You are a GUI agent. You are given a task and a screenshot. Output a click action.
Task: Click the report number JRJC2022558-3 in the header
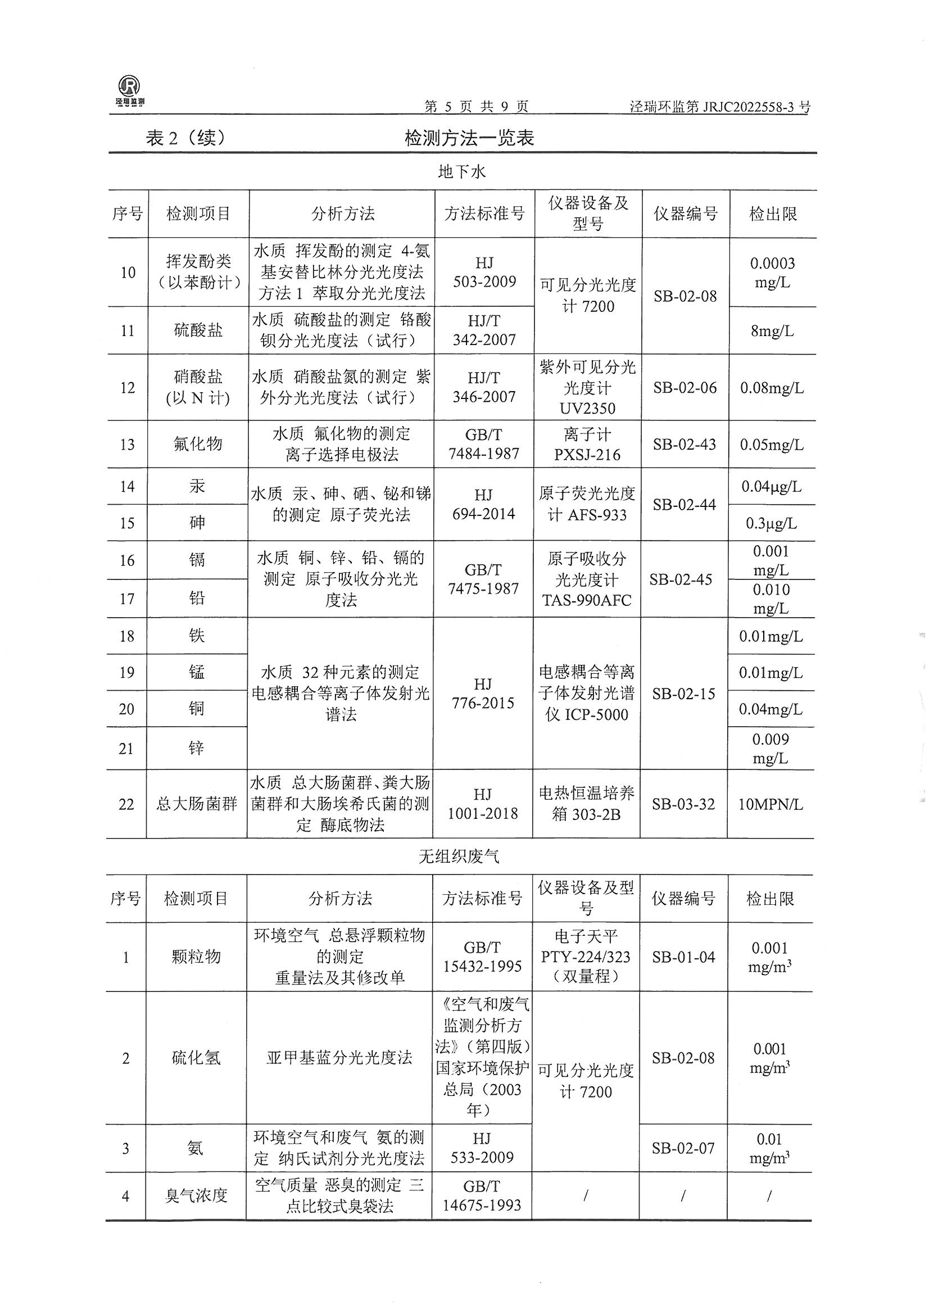pyautogui.click(x=719, y=106)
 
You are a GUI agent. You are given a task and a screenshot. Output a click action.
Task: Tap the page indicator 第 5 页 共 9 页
pyautogui.click(x=476, y=106)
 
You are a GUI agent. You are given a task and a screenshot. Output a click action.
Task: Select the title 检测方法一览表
pyautogui.click(x=469, y=138)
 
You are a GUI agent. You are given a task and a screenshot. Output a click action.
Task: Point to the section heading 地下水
pyautogui.click(x=461, y=171)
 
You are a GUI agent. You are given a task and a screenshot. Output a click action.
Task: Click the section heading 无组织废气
pyautogui.click(x=459, y=856)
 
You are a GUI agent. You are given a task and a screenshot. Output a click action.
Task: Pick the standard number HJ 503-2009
pyautogui.click(x=484, y=272)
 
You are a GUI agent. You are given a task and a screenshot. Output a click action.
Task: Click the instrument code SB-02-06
pyautogui.click(x=685, y=387)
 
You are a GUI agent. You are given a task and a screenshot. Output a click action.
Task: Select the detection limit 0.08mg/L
pyautogui.click(x=772, y=388)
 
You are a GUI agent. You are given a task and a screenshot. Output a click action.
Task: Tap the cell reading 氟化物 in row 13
pyautogui.click(x=198, y=443)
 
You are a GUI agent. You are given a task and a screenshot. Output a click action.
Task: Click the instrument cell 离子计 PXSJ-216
pyautogui.click(x=587, y=444)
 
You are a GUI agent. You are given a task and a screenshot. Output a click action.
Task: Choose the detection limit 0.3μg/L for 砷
pyautogui.click(x=771, y=523)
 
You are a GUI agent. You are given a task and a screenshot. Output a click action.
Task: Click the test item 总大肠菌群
pyautogui.click(x=196, y=804)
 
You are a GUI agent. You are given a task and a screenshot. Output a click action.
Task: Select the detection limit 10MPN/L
pyautogui.click(x=770, y=804)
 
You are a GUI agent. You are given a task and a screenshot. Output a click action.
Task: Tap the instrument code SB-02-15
pyautogui.click(x=683, y=694)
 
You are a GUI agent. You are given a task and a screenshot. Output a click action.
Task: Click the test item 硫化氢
pyautogui.click(x=196, y=1058)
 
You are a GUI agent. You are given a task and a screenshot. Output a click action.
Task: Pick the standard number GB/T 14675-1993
pyautogui.click(x=482, y=1195)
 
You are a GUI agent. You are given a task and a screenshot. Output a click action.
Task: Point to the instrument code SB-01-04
pyautogui.click(x=683, y=957)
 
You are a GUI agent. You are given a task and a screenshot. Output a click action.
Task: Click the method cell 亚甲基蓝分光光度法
pyautogui.click(x=339, y=1058)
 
